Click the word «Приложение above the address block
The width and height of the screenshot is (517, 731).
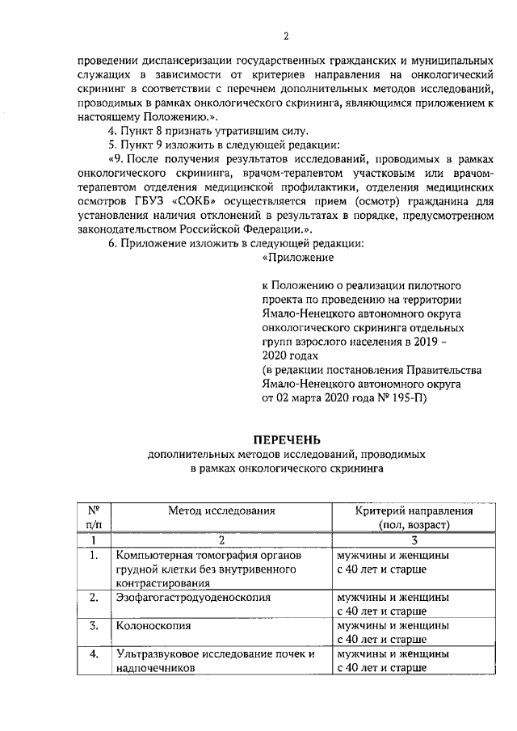pyautogui.click(x=298, y=258)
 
